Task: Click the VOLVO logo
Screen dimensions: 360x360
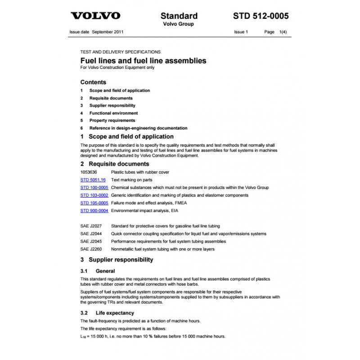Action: [x=95, y=16]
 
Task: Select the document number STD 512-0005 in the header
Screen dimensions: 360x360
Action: [x=261, y=16]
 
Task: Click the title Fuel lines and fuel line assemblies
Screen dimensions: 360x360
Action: [x=143, y=60]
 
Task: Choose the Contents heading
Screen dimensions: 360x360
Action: [x=93, y=82]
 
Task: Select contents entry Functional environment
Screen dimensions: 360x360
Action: [x=113, y=113]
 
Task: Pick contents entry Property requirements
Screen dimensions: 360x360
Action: [x=112, y=121]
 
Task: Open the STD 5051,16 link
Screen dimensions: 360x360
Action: [x=93, y=180]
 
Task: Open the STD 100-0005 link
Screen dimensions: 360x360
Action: [x=94, y=187]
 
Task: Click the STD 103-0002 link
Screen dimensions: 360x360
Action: [x=94, y=195]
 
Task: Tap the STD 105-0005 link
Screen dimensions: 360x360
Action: [x=94, y=203]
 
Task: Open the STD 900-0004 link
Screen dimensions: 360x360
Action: [x=94, y=211]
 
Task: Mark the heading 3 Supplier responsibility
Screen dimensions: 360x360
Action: [x=117, y=260]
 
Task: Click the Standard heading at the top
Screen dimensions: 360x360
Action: [x=179, y=16]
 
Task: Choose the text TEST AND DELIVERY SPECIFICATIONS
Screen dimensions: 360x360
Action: [x=120, y=52]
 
